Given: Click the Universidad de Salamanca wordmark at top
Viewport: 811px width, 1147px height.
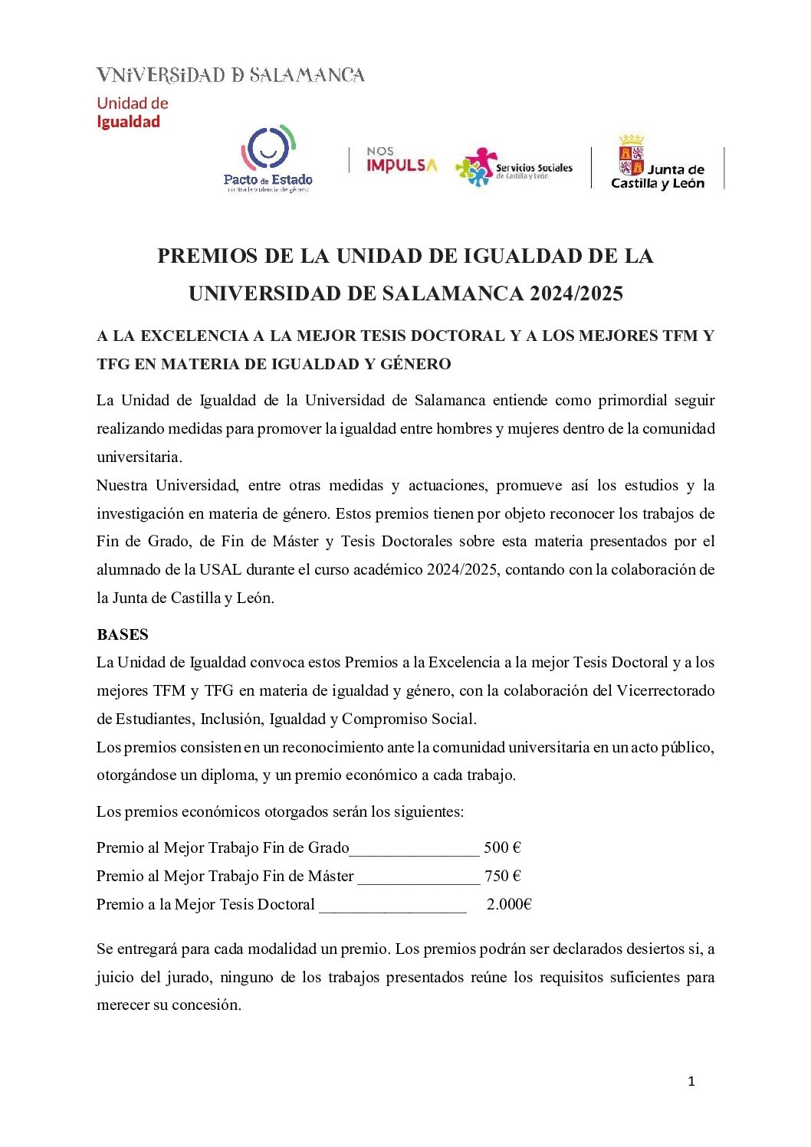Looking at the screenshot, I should [x=230, y=75].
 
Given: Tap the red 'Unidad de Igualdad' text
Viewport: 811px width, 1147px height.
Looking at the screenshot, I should [x=132, y=113].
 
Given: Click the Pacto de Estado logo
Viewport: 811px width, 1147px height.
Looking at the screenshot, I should [x=268, y=159].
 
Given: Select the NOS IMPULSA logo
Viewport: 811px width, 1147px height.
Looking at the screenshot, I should [x=401, y=160].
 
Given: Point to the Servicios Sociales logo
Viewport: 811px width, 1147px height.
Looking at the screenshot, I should [x=514, y=168].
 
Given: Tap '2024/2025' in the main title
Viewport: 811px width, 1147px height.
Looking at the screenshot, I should [x=576, y=293].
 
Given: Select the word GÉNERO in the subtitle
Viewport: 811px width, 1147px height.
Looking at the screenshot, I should [x=415, y=364].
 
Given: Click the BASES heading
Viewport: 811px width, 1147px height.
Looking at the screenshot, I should [x=123, y=634].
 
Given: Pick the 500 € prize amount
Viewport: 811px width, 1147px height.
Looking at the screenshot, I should [x=502, y=847].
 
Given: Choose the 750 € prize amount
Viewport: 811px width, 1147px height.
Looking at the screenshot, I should [x=503, y=876].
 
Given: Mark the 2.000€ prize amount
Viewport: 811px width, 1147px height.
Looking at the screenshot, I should [x=509, y=904].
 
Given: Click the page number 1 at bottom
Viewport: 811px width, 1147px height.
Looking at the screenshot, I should [x=691, y=1081].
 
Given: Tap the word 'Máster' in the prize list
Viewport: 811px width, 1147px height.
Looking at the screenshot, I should [x=330, y=876].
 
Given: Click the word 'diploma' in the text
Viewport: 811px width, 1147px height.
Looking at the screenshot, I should [x=228, y=775].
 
